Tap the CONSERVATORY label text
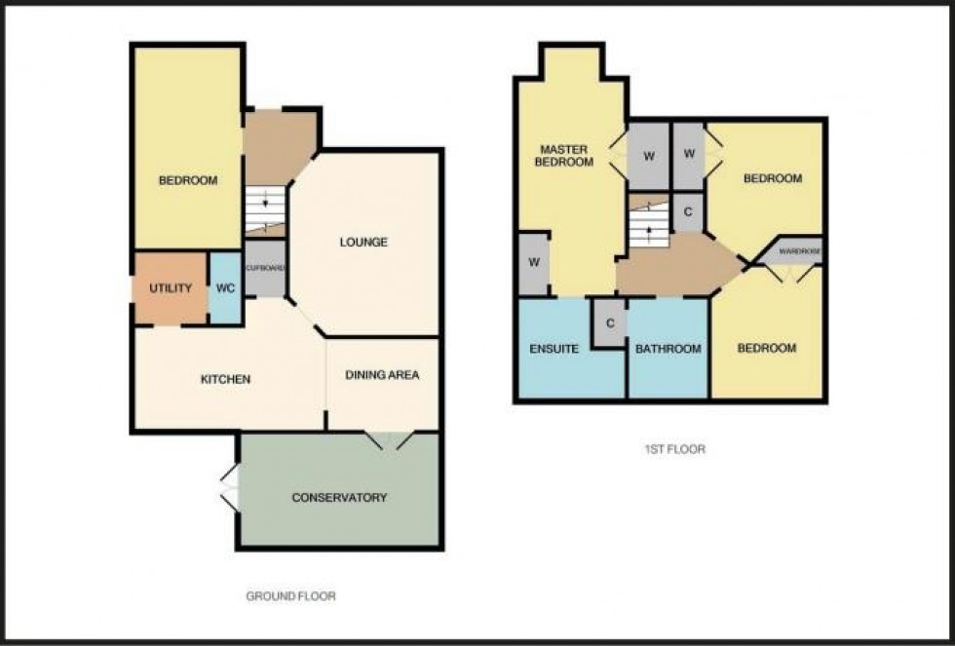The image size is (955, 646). [x=339, y=498]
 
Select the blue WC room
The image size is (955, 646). [x=224, y=288]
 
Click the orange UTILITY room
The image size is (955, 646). [x=171, y=288]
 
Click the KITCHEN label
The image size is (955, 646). [x=227, y=379]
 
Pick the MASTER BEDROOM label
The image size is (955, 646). [x=563, y=156]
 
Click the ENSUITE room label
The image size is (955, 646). [x=554, y=349]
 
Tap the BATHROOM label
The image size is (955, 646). [x=668, y=349]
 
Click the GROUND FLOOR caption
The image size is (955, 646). [x=291, y=596]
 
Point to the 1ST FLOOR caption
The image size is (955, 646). [x=675, y=450]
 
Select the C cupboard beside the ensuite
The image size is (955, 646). [x=609, y=323]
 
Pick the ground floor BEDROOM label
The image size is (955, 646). [x=188, y=181]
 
